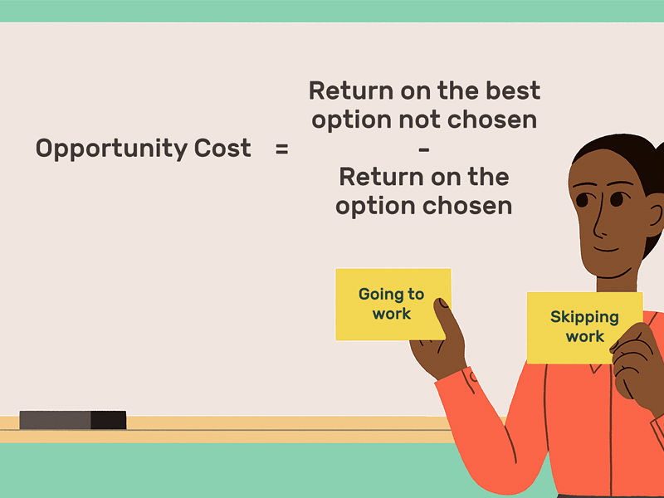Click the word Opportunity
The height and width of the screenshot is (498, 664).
point(112,149)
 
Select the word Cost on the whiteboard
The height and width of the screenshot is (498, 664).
point(222,148)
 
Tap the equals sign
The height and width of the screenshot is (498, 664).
point(281,149)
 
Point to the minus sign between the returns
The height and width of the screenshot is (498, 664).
point(424,149)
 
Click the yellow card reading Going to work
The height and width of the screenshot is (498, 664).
point(393,304)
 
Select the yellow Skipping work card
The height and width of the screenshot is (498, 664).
point(584,328)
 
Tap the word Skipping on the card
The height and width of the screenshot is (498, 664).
point(584,318)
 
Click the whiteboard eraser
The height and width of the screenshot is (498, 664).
point(73,420)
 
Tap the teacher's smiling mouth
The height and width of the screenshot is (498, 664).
point(607,250)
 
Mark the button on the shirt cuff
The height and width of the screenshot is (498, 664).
point(472,377)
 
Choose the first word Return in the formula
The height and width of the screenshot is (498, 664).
point(351,90)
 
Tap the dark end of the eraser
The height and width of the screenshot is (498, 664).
point(109,420)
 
